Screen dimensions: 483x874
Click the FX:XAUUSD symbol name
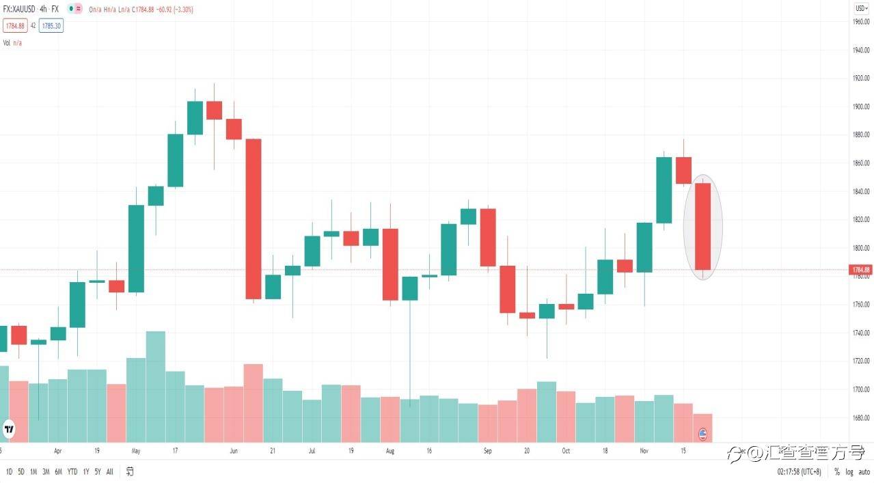(21, 9)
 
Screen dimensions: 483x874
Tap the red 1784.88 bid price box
(14, 26)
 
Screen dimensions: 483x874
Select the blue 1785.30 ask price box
(51, 26)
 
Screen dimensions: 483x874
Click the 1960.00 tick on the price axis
(860, 22)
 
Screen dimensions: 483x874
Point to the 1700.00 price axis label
(860, 390)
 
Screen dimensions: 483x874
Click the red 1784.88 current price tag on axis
(860, 270)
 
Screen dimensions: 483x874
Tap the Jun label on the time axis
(233, 452)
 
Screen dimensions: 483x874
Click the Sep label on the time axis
(487, 452)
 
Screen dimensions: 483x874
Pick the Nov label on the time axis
(644, 452)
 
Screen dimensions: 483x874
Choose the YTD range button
(72, 472)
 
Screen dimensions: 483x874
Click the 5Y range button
(98, 472)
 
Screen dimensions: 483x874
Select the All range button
(110, 472)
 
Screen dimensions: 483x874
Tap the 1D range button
(10, 472)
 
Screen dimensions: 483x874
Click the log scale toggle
(849, 472)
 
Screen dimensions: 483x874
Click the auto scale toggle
(864, 472)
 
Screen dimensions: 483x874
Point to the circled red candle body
(702, 227)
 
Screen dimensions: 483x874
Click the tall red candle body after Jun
(254, 219)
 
